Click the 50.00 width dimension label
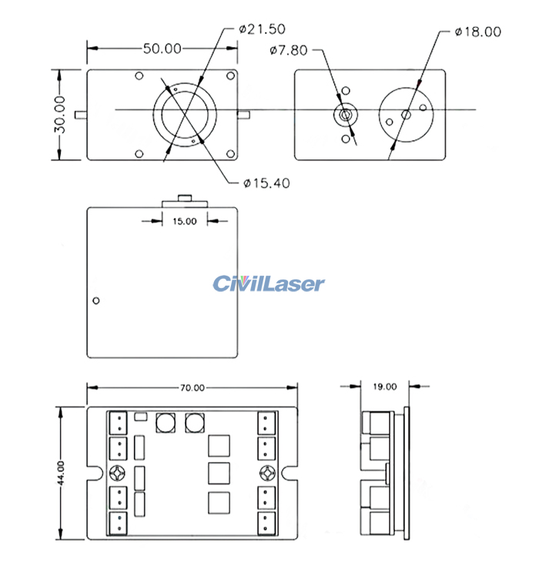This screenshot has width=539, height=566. (162, 49)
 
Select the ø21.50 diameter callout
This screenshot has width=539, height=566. (263, 29)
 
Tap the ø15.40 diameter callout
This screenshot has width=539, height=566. (266, 183)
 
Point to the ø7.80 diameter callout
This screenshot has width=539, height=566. (290, 51)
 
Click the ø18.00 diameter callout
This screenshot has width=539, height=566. (478, 32)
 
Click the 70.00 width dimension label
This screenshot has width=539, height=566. (192, 387)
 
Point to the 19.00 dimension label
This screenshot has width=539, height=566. (385, 387)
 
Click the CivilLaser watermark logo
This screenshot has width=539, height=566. (269, 284)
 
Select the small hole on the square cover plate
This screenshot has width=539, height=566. (96, 300)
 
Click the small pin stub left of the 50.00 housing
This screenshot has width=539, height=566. (81, 115)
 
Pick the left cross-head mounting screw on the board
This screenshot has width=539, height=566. (118, 472)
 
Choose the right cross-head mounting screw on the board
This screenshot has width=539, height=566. (266, 472)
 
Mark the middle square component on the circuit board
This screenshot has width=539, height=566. (219, 473)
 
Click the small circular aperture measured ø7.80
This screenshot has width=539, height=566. (344, 115)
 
